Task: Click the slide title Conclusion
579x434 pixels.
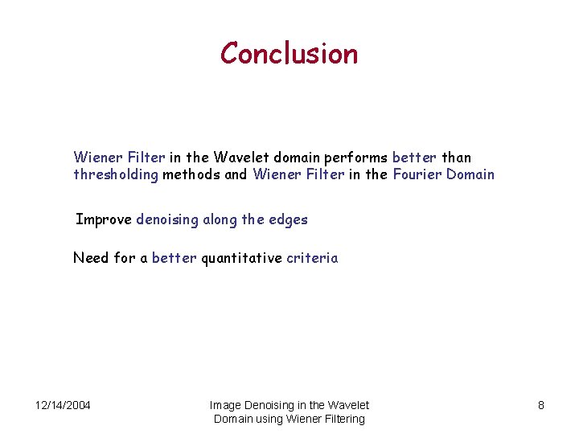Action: point(289,54)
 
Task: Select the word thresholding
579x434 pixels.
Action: point(116,174)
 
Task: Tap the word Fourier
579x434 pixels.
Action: point(417,174)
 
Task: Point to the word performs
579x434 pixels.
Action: point(359,158)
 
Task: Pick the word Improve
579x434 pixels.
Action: point(104,219)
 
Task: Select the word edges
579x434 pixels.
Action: point(289,219)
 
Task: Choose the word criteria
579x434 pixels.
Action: point(312,258)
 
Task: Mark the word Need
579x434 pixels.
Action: point(90,258)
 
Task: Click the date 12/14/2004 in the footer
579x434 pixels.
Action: point(63,405)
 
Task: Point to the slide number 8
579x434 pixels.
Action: point(541,405)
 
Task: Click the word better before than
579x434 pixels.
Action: point(413,158)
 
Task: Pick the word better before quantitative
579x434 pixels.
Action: point(174,258)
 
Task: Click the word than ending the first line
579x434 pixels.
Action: point(456,158)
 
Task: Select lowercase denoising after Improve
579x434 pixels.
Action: point(167,219)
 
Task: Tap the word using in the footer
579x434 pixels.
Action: point(272,419)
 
